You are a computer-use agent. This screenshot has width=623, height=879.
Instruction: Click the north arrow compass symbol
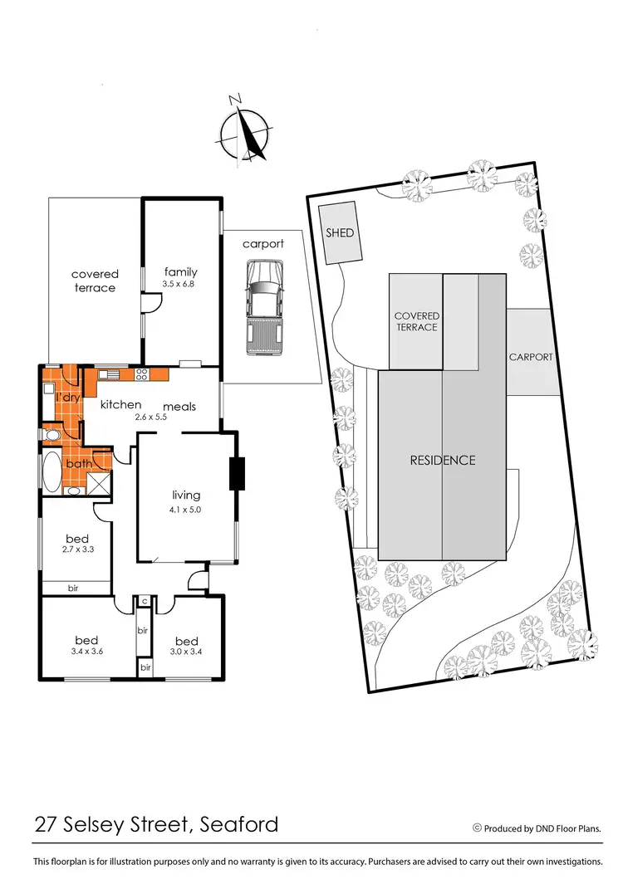pyautogui.click(x=244, y=131)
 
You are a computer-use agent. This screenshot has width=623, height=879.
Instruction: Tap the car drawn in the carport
pyautogui.click(x=263, y=305)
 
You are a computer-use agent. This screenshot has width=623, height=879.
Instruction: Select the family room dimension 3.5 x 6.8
pyautogui.click(x=180, y=284)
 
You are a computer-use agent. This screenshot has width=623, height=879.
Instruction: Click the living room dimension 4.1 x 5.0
pyautogui.click(x=186, y=510)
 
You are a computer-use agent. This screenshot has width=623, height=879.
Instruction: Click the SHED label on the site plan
pyautogui.click(x=339, y=233)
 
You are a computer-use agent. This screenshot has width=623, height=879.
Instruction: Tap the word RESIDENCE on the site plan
pyautogui.click(x=442, y=460)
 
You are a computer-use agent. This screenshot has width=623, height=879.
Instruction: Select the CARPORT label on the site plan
pyautogui.click(x=531, y=357)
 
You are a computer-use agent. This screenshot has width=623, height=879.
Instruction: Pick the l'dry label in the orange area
pyautogui.click(x=66, y=398)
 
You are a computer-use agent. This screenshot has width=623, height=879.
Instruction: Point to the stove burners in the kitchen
pyautogui.click(x=141, y=374)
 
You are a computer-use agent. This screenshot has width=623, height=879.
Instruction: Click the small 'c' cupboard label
pyautogui.click(x=144, y=601)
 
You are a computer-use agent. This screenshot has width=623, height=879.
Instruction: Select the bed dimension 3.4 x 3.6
pyautogui.click(x=86, y=652)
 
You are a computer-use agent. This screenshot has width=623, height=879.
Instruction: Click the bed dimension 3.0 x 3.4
pyautogui.click(x=187, y=652)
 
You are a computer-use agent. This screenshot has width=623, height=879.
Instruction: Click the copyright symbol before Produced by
pyautogui.click(x=477, y=828)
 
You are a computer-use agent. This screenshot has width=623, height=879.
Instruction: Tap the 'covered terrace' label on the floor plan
pyautogui.click(x=95, y=281)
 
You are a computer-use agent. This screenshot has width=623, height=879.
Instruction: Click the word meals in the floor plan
pyautogui.click(x=179, y=407)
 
